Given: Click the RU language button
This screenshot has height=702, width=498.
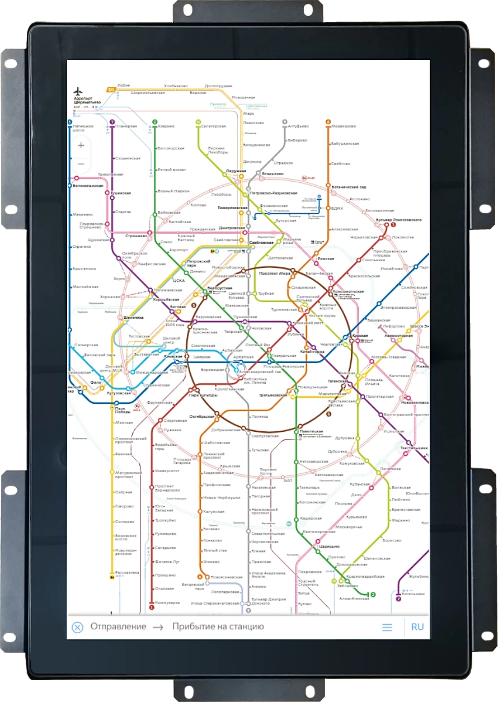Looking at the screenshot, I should pos(417,626).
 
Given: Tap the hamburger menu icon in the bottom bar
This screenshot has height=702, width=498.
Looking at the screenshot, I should pos(387,627).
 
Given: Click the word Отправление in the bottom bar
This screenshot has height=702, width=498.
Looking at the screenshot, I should pos(118,626).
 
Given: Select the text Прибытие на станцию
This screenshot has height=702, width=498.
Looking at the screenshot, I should pos(218,626).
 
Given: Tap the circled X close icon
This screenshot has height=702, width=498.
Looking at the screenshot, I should pos(78,627).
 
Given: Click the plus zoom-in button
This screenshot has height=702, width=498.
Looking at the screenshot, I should pos(81,145).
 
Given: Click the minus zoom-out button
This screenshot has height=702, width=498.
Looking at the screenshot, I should pos(81,164).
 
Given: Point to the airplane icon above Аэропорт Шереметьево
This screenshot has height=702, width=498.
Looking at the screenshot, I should pos(78,91).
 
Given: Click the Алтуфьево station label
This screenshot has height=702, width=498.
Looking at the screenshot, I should pos(298,126).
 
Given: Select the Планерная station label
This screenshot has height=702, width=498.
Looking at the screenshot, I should pos(127,126).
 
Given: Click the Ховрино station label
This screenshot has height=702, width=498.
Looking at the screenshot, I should pos(167,126).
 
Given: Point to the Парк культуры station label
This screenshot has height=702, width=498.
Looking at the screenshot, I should pos(201,395).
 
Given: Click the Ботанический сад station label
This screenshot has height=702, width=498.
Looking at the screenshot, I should pos(349,186).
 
